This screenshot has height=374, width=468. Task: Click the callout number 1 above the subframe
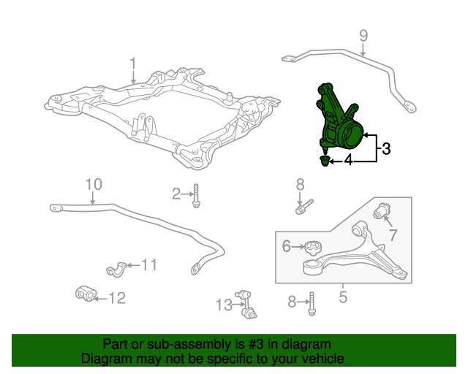(x=133, y=65)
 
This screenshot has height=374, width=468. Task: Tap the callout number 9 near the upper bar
(x=363, y=36)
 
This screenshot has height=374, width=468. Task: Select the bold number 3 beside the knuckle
(x=386, y=148)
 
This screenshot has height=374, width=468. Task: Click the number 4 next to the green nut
(x=348, y=160)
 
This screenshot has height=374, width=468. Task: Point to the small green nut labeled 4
(x=325, y=161)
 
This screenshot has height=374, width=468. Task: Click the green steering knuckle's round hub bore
(x=352, y=135)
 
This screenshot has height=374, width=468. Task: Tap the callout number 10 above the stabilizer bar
(x=94, y=184)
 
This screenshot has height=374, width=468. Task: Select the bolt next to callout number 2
(x=196, y=196)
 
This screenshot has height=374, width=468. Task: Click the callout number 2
(x=176, y=194)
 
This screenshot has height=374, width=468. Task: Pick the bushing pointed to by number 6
(x=313, y=248)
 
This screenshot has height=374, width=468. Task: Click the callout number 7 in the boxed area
(x=393, y=234)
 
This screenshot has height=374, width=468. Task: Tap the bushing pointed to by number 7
(x=382, y=210)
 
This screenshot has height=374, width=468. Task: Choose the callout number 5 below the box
(x=343, y=297)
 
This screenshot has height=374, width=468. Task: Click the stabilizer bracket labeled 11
(x=116, y=270)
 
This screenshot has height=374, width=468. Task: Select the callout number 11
(x=148, y=264)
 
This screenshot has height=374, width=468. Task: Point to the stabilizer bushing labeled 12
(x=86, y=294)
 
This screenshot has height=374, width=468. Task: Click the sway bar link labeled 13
(x=246, y=305)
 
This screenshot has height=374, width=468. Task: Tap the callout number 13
(x=224, y=305)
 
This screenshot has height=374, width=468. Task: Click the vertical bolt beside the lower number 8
(x=312, y=304)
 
